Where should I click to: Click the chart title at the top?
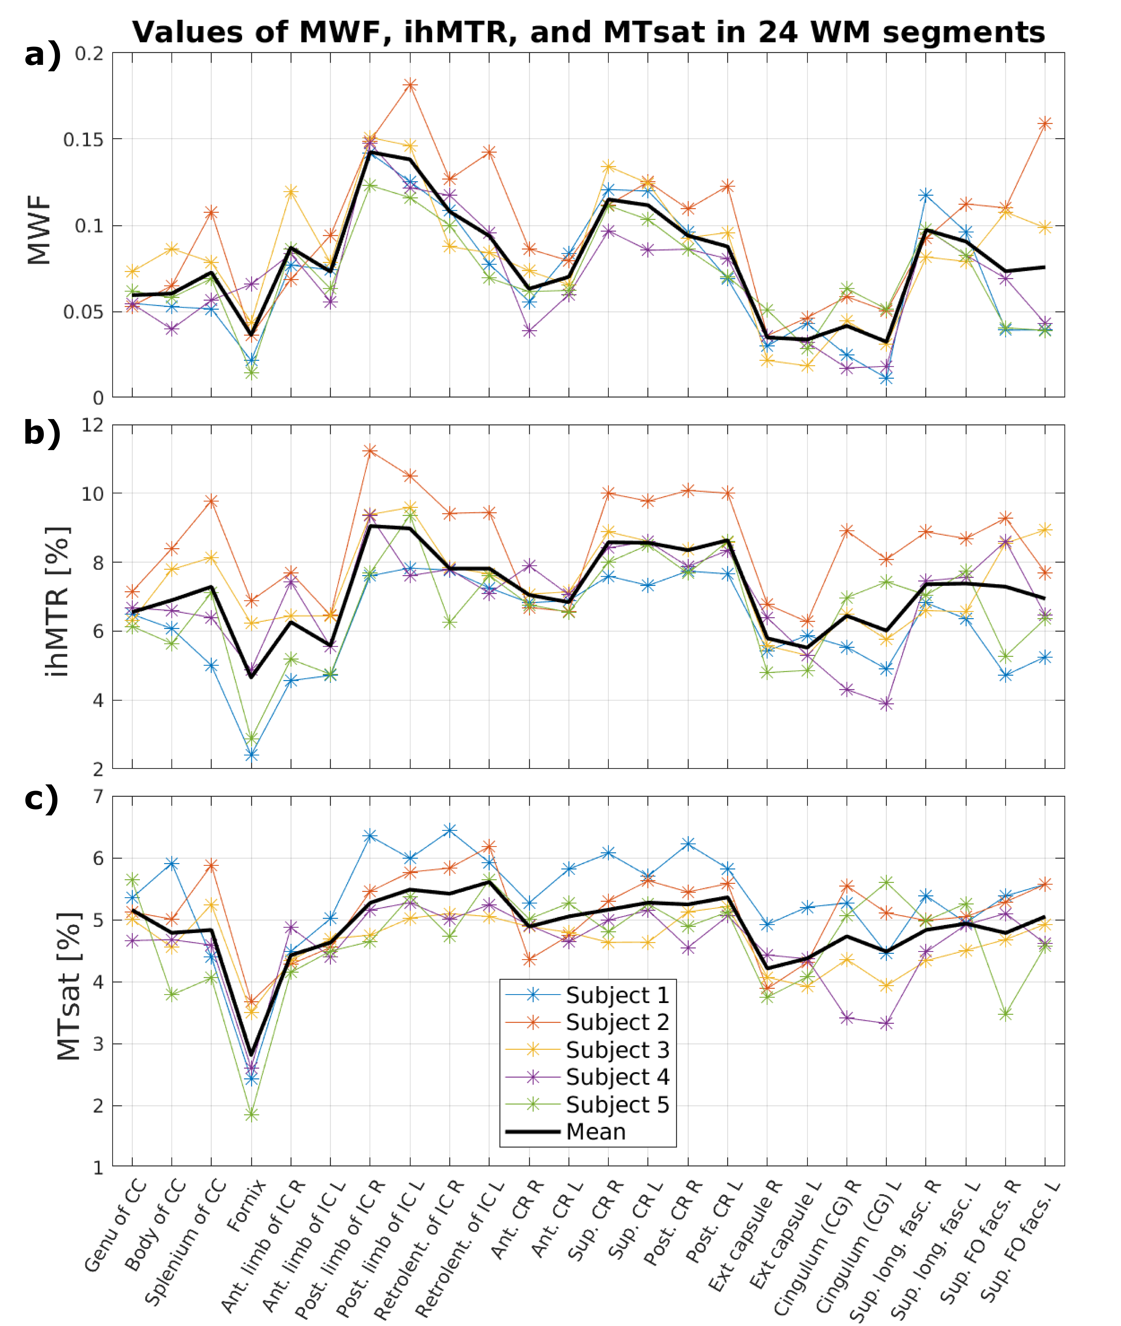588,32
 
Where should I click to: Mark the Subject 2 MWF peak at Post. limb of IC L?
410,85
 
